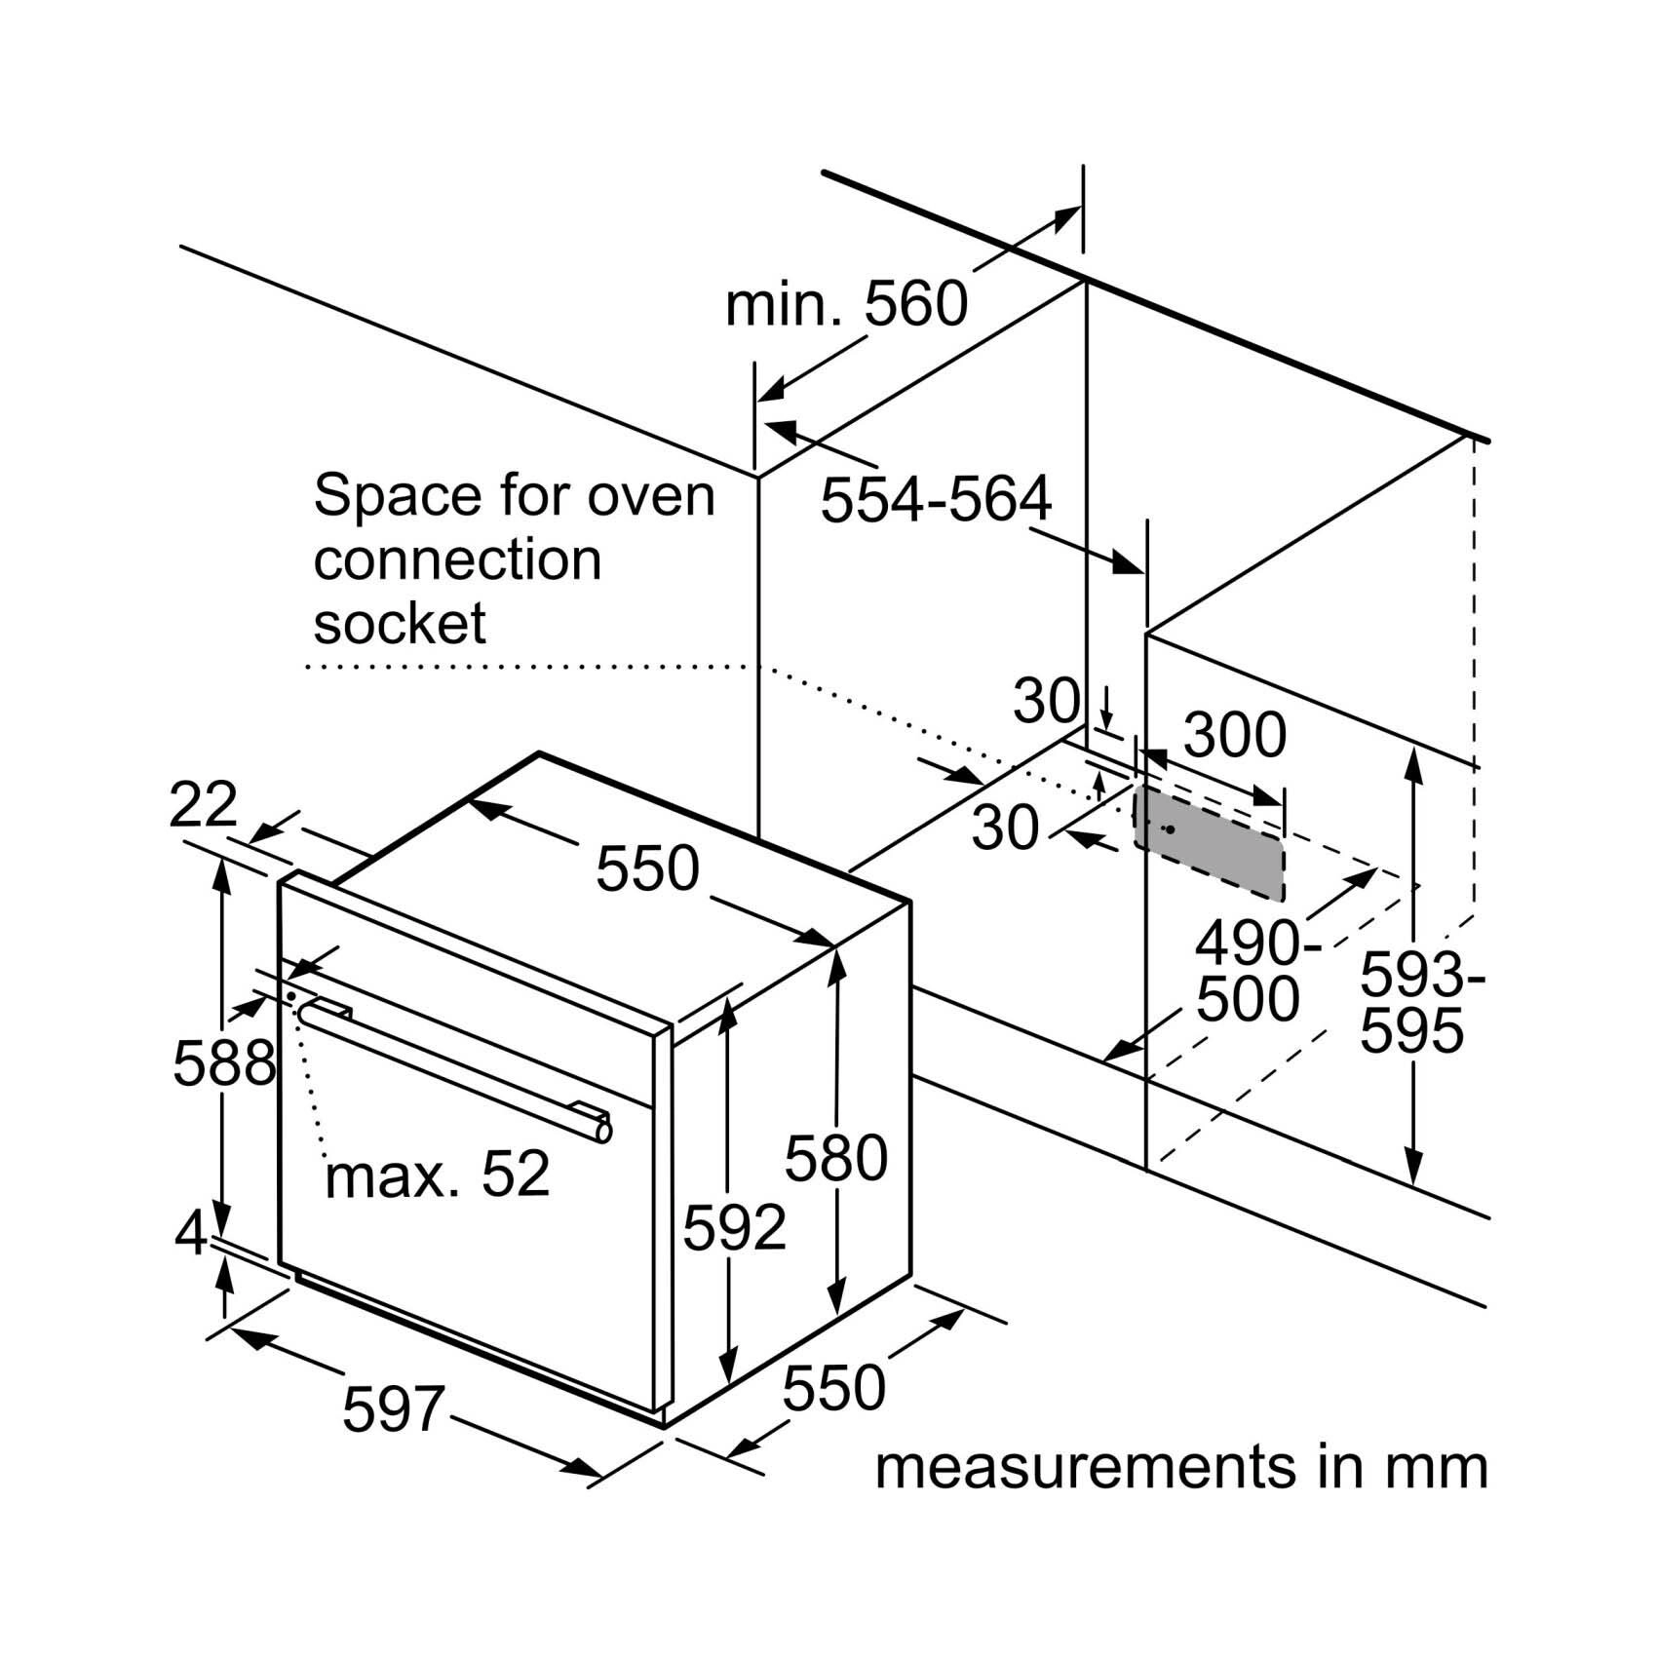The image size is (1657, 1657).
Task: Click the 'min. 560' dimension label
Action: click(x=846, y=303)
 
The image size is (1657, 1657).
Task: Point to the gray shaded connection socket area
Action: click(x=1208, y=844)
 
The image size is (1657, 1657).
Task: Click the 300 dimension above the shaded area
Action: click(x=1234, y=736)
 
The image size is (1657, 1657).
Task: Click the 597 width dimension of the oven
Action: click(x=394, y=1408)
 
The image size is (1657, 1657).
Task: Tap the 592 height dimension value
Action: click(x=734, y=1227)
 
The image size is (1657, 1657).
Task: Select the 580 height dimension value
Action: click(x=836, y=1158)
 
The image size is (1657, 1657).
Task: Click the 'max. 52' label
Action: click(x=438, y=1175)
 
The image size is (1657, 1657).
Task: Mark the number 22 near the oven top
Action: click(x=203, y=805)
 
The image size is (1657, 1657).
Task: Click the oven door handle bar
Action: click(x=454, y=1067)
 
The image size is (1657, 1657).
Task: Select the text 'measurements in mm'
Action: click(x=1181, y=1468)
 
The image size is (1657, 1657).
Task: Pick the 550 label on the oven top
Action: click(x=647, y=868)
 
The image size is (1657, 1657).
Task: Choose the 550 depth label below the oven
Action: click(x=833, y=1388)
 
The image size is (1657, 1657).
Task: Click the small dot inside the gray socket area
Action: click(x=1170, y=829)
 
